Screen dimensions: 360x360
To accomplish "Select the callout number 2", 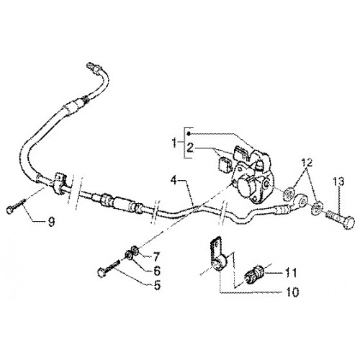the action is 190,148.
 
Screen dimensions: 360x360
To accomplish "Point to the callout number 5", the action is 157,285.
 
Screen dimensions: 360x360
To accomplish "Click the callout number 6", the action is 157,271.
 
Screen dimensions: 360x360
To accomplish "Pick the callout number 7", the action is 156,257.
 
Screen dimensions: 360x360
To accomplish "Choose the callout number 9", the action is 51,222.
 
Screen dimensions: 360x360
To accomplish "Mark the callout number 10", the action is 292,292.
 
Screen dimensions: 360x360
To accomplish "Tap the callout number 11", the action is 291,273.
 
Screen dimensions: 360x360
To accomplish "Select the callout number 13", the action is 338,181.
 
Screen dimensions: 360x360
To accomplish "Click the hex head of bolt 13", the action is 348,222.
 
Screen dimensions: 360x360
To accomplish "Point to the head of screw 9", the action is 10,210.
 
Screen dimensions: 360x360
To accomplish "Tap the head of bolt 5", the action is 102,273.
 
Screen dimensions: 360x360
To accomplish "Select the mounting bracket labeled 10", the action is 217,254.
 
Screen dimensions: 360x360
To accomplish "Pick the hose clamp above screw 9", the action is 58,184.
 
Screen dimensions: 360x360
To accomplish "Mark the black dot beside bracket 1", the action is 189,133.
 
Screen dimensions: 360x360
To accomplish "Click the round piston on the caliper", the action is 246,185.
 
